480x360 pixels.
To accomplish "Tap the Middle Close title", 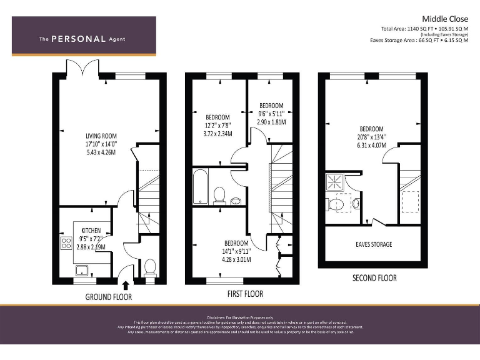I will coord(444,19).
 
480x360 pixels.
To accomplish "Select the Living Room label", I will coord(101,136).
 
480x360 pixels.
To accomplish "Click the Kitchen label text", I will coord(91,231).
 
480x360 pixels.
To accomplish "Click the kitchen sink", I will coord(81,270).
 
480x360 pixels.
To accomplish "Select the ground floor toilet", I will coord(150,267).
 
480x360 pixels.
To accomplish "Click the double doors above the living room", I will coord(84,67).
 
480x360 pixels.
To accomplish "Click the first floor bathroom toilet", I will coord(219,196).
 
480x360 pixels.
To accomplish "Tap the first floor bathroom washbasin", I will coord(236,201).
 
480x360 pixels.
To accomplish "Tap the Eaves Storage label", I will coord(374,244).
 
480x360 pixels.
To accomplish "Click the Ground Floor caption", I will coord(109,297).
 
